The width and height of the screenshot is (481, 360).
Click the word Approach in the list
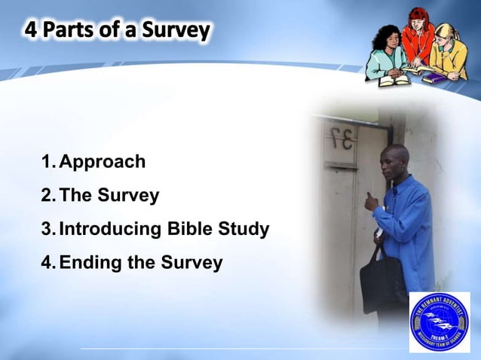102,162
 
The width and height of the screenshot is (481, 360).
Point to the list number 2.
47,196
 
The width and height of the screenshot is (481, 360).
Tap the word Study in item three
244,229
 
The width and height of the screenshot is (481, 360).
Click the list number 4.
47,263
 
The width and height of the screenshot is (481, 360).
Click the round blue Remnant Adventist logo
439,322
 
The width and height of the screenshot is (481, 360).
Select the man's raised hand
372,201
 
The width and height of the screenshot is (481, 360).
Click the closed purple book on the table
435,76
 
